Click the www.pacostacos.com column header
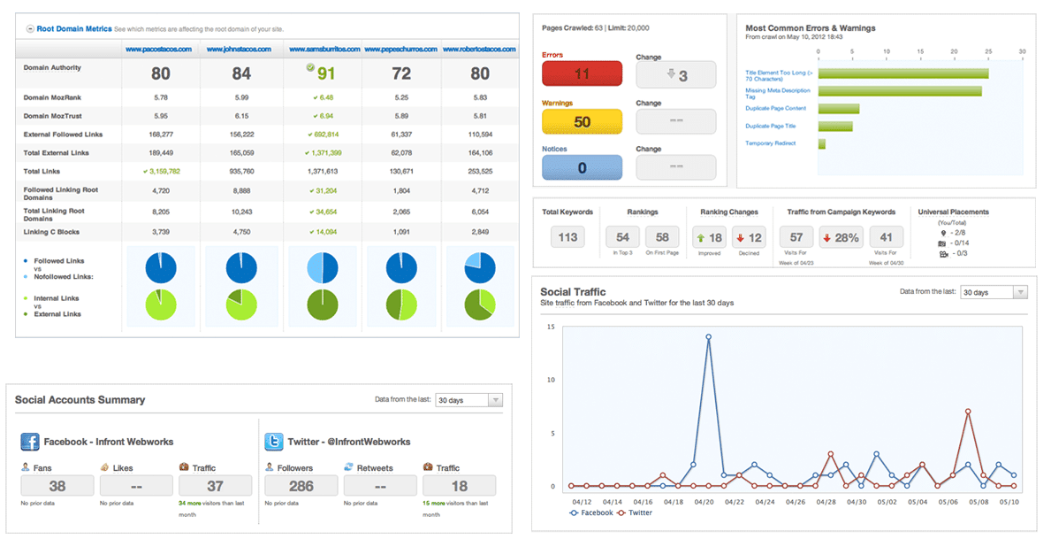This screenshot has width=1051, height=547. click(x=159, y=50)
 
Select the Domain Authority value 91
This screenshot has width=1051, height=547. click(x=325, y=74)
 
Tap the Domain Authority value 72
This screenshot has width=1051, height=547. click(x=401, y=74)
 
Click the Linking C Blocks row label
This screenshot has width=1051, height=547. click(x=51, y=232)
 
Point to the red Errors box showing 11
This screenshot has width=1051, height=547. click(x=582, y=74)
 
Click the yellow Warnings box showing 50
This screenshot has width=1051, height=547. click(x=582, y=122)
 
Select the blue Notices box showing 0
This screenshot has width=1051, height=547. click(x=582, y=168)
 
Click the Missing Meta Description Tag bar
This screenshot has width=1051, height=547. click(x=900, y=91)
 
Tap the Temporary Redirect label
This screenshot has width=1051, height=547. click(x=770, y=143)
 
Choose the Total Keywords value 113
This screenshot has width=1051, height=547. click(x=567, y=236)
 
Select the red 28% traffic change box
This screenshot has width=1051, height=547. click(x=840, y=236)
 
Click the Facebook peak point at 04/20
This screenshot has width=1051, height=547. click(x=709, y=336)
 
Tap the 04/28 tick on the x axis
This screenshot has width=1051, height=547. click(x=826, y=502)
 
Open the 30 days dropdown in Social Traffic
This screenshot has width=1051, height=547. click(x=994, y=292)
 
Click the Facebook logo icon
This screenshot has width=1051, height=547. click(x=29, y=442)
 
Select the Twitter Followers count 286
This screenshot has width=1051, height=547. click(x=301, y=486)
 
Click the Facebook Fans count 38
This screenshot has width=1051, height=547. click(x=57, y=486)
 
